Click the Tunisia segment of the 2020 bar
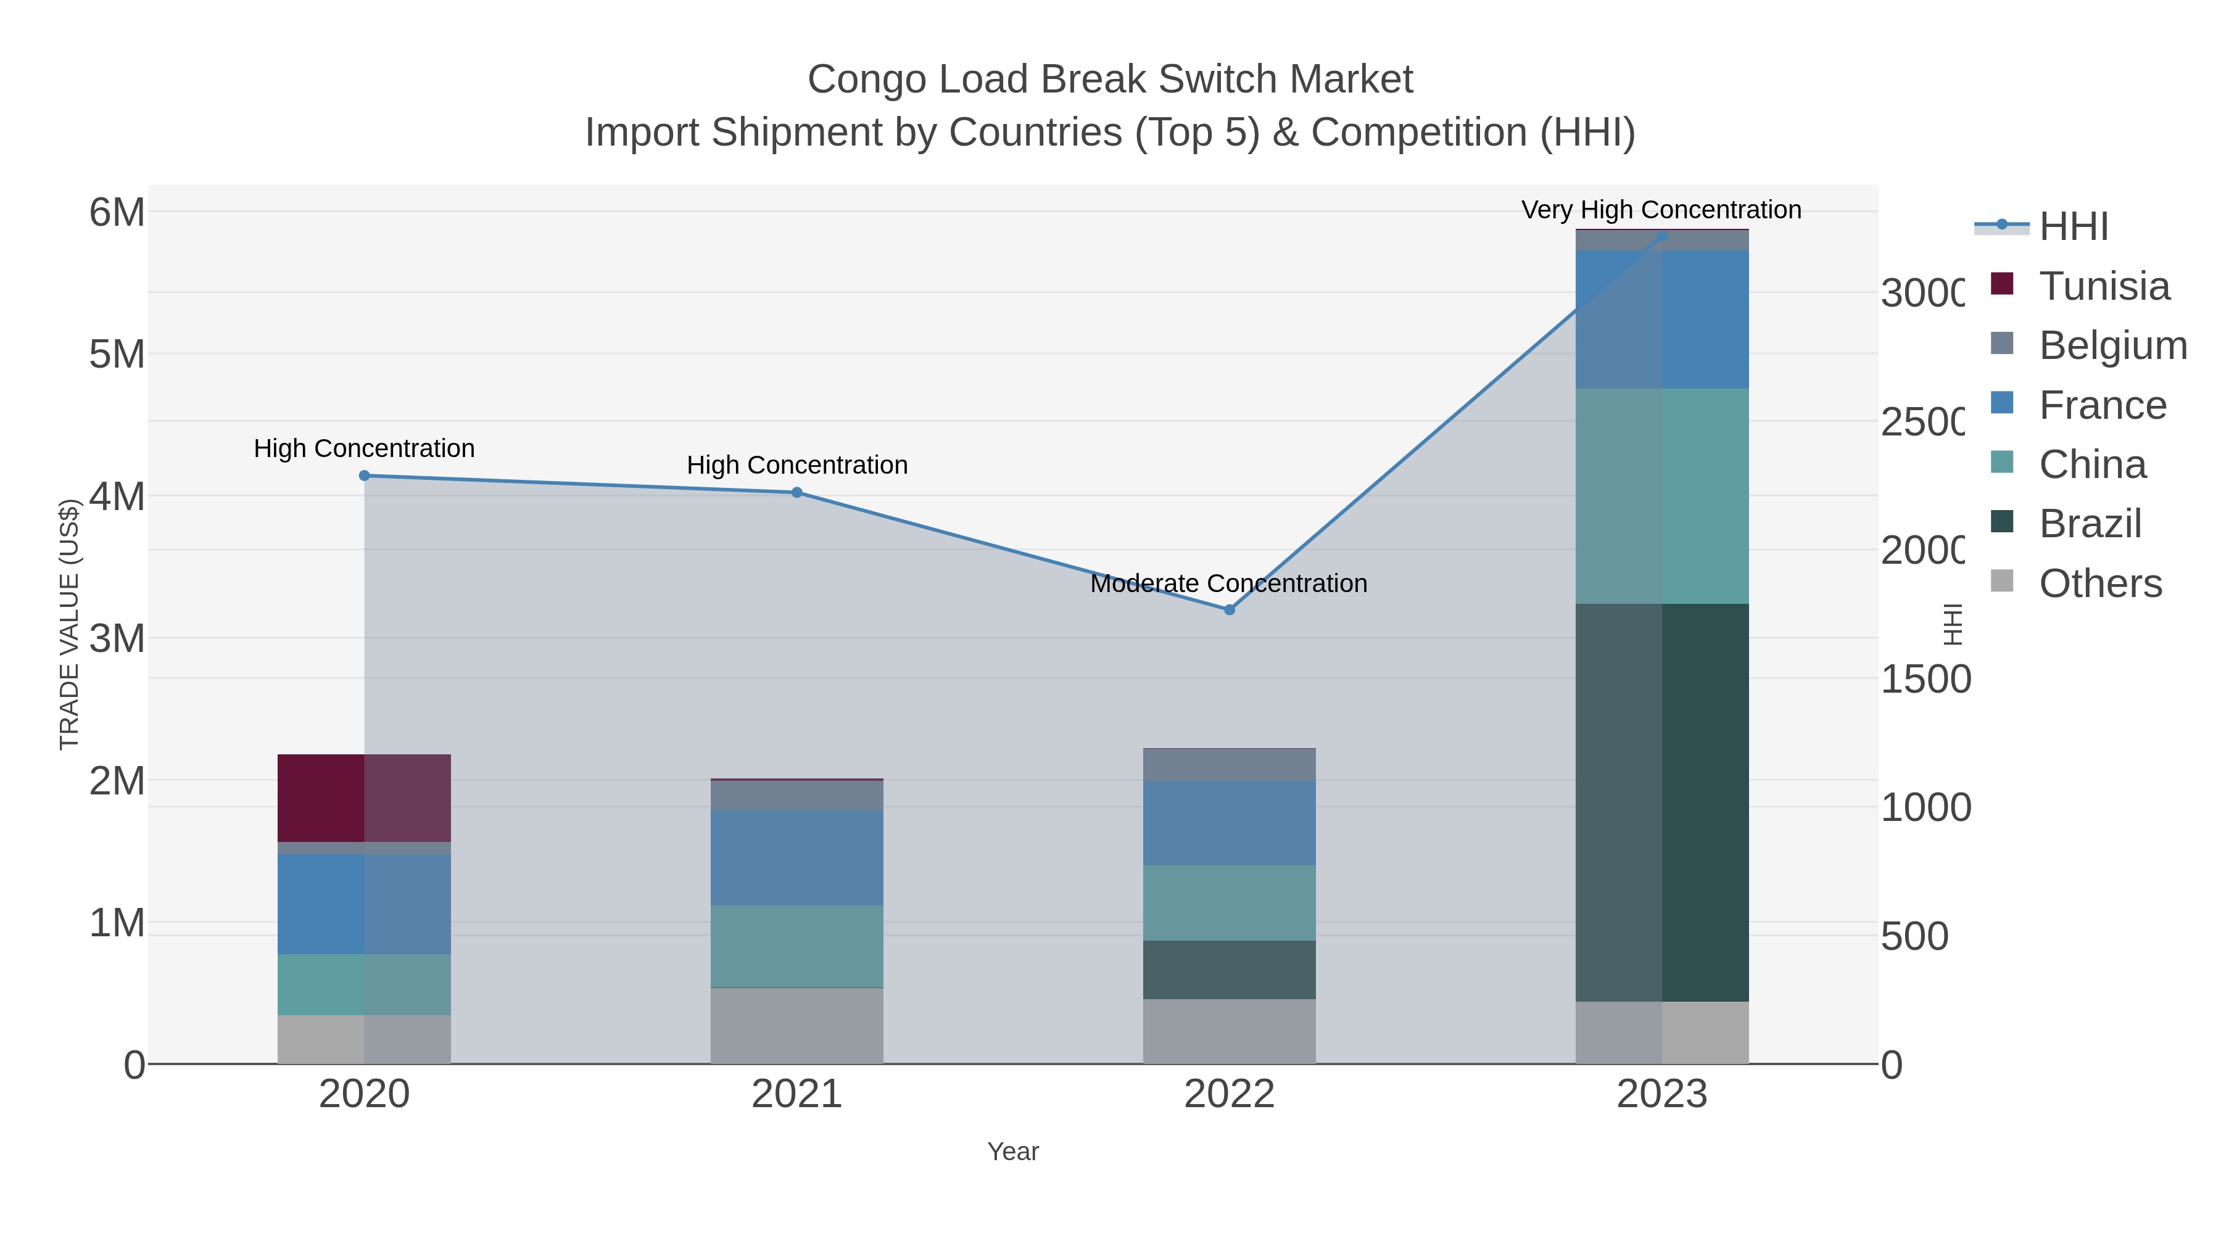[x=364, y=798]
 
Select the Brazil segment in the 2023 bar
[x=1661, y=802]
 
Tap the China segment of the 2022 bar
[x=1228, y=902]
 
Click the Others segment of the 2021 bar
[x=796, y=1026]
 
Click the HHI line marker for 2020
[x=364, y=476]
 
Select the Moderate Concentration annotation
[x=1228, y=583]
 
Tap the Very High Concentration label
[x=1661, y=210]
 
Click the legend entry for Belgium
[x=2112, y=345]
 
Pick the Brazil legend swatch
[x=2002, y=521]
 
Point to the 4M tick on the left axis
[x=117, y=497]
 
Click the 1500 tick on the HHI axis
[x=1924, y=679]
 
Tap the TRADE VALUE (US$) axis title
[x=69, y=624]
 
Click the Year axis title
[x=1013, y=1152]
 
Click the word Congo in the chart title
[x=867, y=80]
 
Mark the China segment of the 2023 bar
[x=1661, y=496]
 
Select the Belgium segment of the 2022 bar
[x=1228, y=765]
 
